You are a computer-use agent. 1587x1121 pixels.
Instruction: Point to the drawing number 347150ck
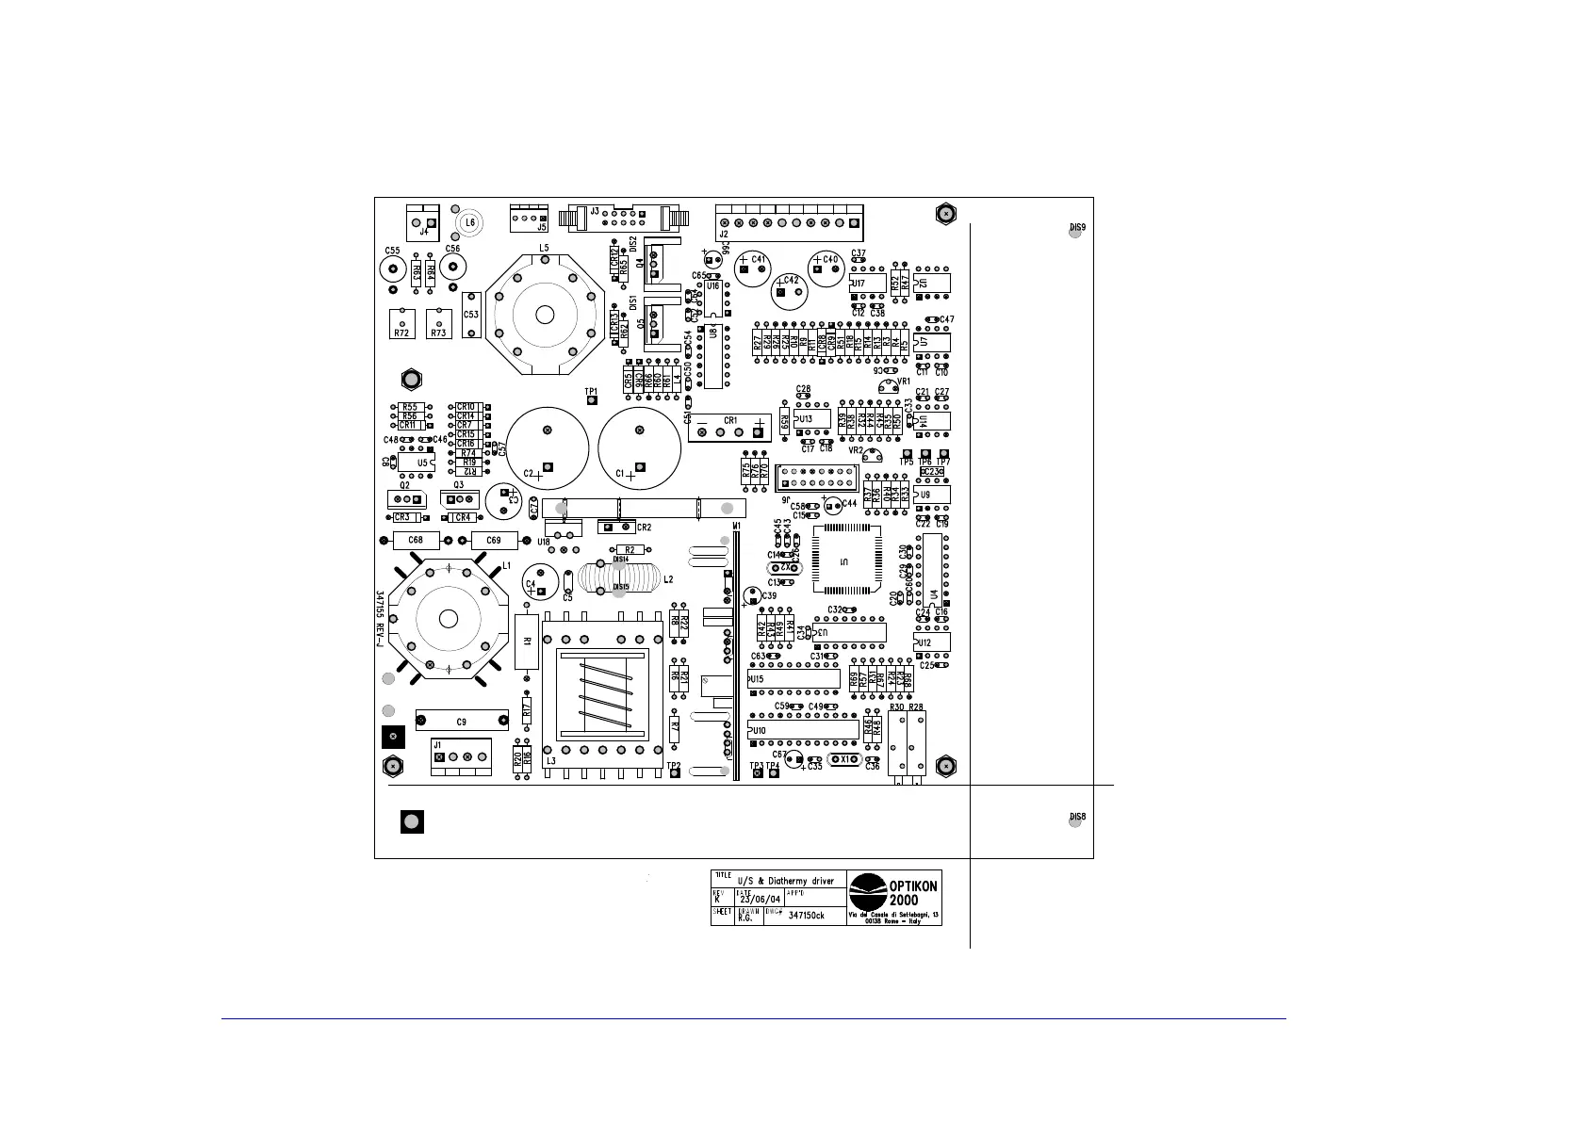pos(806,917)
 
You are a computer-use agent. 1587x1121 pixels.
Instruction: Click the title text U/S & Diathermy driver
pos(785,881)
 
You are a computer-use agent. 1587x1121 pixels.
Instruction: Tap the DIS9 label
pos(1077,227)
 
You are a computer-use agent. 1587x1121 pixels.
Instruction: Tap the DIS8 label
pos(1077,816)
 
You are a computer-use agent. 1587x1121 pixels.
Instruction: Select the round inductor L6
pos(468,223)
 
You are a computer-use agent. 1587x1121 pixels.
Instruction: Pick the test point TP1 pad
pos(592,400)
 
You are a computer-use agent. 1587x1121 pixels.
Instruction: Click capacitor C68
pos(416,541)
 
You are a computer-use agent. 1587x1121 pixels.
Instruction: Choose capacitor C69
pos(494,541)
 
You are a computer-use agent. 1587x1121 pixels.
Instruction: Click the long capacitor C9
pos(461,722)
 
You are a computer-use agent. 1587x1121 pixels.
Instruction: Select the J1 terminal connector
pos(461,756)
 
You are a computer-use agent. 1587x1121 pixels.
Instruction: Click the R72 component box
pos(402,323)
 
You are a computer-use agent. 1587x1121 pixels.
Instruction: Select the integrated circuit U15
pos(793,678)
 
